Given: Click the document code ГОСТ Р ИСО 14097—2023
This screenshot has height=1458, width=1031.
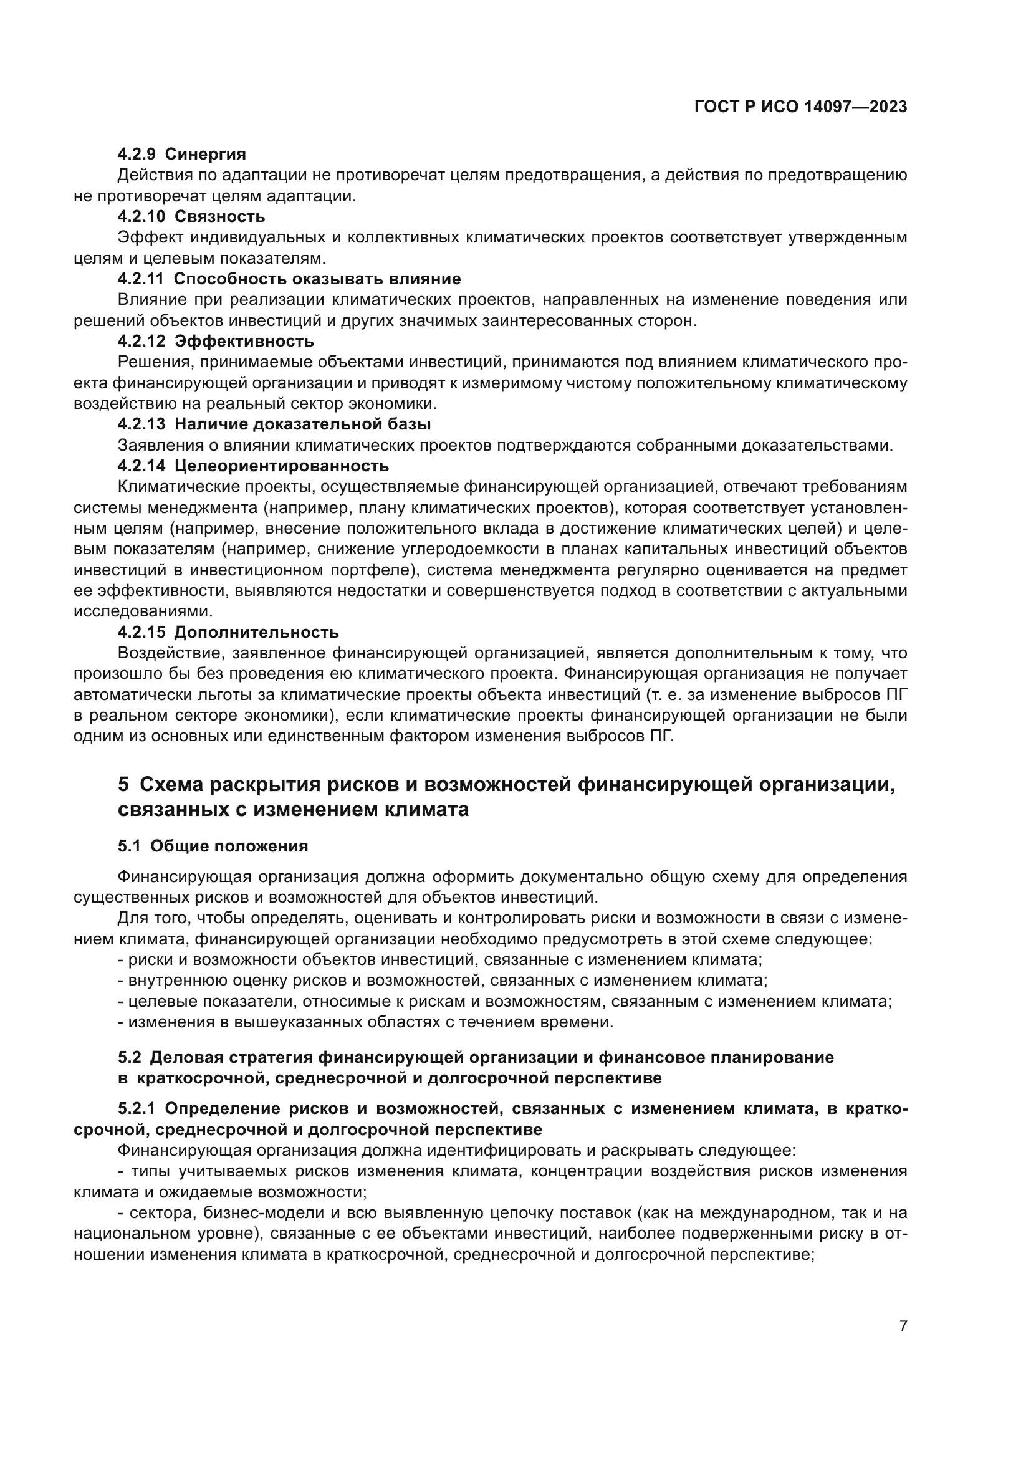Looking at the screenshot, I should point(800,107).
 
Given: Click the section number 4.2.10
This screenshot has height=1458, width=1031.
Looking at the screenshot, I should point(141,216).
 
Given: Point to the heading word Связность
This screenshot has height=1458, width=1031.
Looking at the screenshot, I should point(219,216).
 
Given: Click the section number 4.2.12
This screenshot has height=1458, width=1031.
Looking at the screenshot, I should point(141,341).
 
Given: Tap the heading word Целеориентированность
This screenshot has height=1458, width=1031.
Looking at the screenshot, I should point(281,466).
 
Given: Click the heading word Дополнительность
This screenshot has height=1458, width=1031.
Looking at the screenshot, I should point(256,632).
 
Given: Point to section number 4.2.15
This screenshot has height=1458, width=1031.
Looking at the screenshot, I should point(141,632).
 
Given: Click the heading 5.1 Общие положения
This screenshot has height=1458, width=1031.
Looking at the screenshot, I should point(213,846).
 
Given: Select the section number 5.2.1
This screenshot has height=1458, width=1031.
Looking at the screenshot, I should point(137,1109).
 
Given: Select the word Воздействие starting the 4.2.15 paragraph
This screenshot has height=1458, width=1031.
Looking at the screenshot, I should point(168,653).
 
